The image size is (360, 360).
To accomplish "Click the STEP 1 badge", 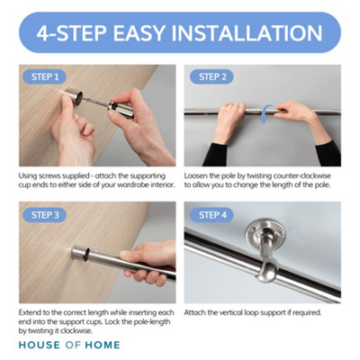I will (44, 76).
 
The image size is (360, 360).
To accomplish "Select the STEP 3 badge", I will (44, 215).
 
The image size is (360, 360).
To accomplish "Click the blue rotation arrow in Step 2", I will (262, 114).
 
